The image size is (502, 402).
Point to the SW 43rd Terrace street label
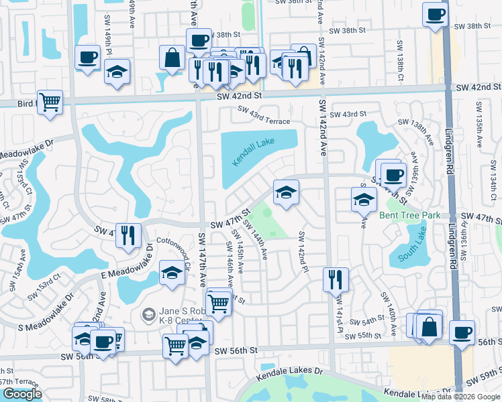click(262, 121)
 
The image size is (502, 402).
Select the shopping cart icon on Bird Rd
click(50, 103)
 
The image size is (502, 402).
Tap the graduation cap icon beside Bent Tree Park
click(364, 199)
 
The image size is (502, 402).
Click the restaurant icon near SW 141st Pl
click(336, 279)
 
